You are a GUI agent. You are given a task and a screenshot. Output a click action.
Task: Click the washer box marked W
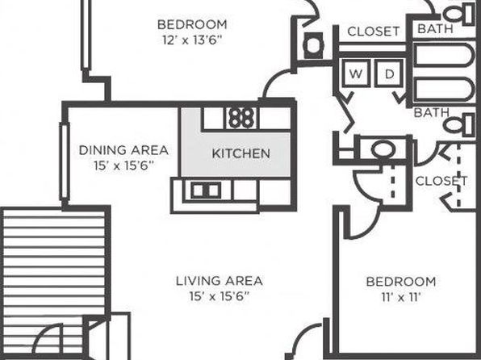[x=356, y=73]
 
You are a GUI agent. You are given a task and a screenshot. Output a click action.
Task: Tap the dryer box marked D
[x=389, y=73]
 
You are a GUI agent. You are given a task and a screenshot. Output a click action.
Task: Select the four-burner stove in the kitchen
[x=242, y=118]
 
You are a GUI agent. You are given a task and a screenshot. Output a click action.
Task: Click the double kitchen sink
[x=206, y=190]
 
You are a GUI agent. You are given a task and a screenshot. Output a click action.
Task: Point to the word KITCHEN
[x=241, y=153]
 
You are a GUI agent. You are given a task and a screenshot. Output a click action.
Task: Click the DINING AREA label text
[x=123, y=150]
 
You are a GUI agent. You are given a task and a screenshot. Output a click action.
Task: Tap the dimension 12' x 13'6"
[x=192, y=40]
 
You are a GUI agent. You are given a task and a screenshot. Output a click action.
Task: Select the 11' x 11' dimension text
[x=401, y=297]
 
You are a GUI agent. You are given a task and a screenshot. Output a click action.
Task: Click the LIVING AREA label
[x=220, y=281]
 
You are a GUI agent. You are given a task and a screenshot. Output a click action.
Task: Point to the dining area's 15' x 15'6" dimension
[x=123, y=165]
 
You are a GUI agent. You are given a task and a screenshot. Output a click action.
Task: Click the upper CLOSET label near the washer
[x=374, y=31]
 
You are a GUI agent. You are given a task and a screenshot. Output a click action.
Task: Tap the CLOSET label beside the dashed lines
[x=441, y=181]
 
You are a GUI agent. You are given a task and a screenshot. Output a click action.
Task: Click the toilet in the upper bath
[x=459, y=14]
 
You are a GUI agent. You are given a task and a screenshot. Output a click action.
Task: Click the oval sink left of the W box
[x=313, y=46]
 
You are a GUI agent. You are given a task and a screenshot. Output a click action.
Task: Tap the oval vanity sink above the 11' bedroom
[x=383, y=149]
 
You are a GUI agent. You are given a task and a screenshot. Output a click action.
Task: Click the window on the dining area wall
[x=64, y=161]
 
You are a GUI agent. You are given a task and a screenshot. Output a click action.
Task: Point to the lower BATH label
[x=431, y=113]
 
